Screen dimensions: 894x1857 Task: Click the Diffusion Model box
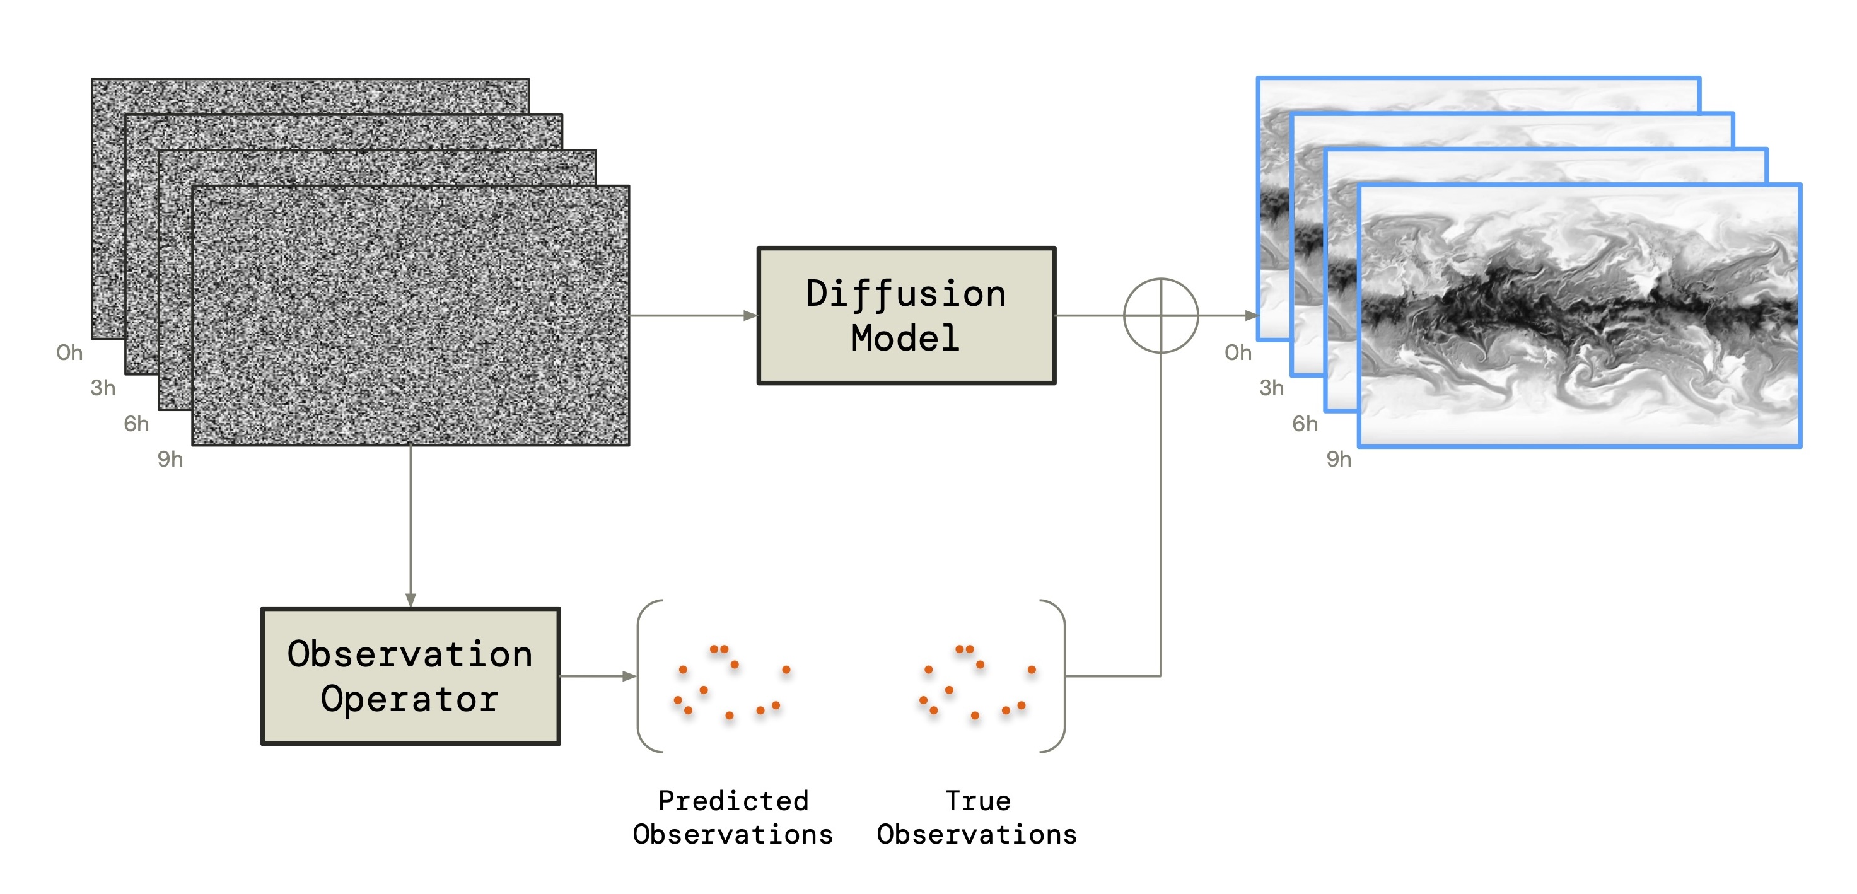pos(906,316)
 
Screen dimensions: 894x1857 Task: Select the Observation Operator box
pos(410,676)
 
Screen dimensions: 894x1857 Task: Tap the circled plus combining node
pos(1161,316)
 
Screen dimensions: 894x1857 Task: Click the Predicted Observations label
pos(733,818)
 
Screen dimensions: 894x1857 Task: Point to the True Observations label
pos(977,818)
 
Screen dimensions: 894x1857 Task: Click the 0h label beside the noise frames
pos(70,352)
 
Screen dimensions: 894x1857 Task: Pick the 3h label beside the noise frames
pos(103,388)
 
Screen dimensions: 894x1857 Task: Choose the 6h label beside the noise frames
pos(136,423)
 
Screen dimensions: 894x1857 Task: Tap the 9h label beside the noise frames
pos(170,458)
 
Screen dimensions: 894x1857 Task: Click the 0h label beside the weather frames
pos(1238,352)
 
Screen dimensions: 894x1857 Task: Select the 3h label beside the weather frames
pos(1272,388)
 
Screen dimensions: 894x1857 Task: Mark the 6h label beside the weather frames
pos(1305,423)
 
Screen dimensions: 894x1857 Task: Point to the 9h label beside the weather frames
pos(1339,458)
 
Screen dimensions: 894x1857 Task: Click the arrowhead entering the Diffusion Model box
pos(750,316)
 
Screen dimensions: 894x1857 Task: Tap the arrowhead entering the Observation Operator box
pos(410,600)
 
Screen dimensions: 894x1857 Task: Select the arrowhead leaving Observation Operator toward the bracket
pos(629,676)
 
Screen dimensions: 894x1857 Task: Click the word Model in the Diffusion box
pos(905,338)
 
